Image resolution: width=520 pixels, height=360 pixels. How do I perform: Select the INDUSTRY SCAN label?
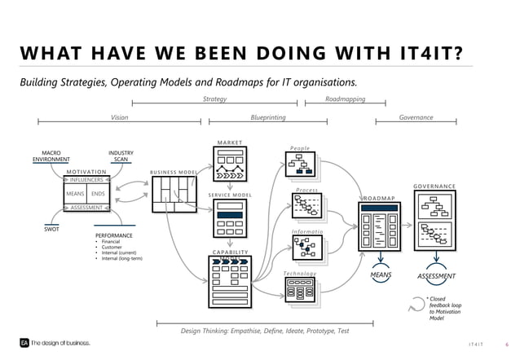(121, 156)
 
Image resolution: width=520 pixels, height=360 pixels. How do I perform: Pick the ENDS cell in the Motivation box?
(98, 195)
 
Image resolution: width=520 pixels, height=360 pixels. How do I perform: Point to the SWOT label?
(51, 230)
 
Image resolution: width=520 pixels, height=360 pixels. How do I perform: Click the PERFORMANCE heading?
(117, 235)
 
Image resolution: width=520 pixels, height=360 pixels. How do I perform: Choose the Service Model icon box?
(230, 219)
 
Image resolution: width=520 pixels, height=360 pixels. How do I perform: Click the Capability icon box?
(230, 282)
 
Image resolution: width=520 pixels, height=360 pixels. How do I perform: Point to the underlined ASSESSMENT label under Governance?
(437, 276)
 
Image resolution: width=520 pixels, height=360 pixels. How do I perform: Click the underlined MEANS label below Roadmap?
(381, 275)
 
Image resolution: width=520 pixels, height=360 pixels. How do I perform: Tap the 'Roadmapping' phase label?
(345, 99)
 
